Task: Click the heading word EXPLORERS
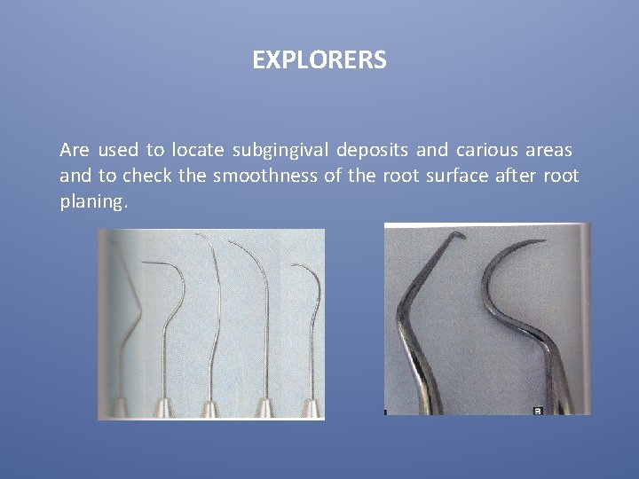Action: coord(319,60)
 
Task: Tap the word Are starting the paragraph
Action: coord(75,150)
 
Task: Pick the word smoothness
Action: coord(264,176)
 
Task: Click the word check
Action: coord(146,176)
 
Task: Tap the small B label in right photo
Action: coord(537,411)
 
